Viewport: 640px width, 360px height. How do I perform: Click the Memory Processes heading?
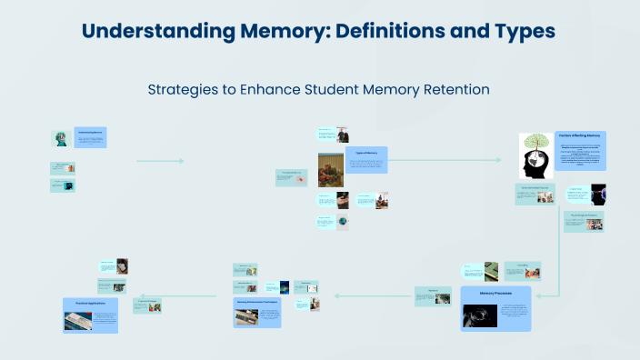pos(496,294)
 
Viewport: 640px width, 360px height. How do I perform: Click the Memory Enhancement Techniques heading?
pos(256,301)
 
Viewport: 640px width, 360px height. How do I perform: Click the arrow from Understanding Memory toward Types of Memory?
pos(160,161)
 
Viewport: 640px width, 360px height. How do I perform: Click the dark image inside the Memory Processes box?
pos(479,315)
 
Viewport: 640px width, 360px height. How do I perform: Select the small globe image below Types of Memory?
pos(342,222)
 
